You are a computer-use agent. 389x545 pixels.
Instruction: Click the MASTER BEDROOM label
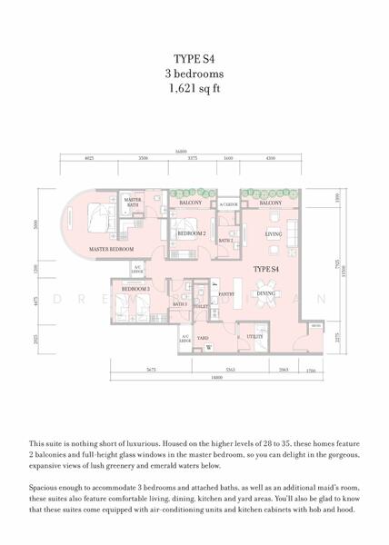point(111,248)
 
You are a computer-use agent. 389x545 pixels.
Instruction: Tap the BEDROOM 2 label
point(191,234)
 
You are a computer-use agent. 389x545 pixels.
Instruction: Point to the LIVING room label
point(274,233)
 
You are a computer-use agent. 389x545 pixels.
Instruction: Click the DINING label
point(265,293)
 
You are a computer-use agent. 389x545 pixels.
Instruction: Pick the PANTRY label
point(226,294)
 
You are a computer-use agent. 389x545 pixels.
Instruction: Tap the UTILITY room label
point(255,337)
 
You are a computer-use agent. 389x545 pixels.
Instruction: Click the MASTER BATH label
point(133,202)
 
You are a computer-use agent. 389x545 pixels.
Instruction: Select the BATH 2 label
point(225,240)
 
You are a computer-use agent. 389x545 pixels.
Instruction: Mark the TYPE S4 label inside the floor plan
point(265,270)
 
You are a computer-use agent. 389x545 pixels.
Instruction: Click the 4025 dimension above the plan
point(89,158)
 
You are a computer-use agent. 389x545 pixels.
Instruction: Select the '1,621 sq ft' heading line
point(194,90)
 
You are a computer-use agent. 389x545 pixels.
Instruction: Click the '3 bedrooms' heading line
point(194,74)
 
